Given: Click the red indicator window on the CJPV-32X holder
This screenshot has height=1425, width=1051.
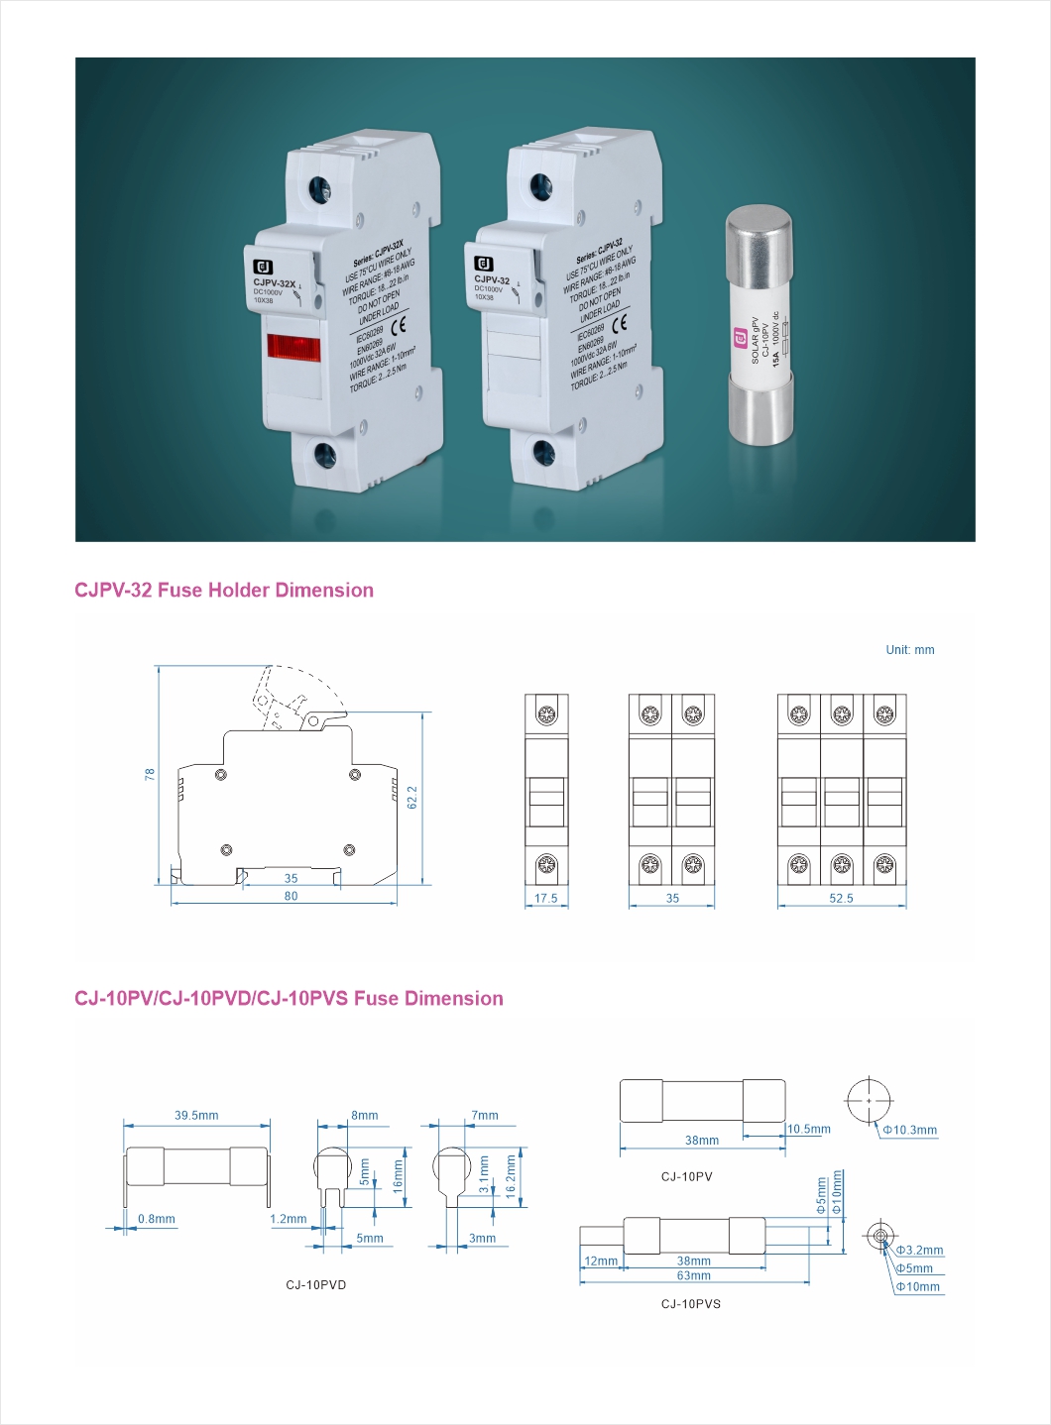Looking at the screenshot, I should point(293,348).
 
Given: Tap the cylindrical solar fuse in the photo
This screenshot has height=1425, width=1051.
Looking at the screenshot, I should point(759,324).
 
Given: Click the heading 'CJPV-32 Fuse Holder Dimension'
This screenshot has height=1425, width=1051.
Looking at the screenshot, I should point(224,591).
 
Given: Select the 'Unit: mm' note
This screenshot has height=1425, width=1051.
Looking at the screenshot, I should point(909,650).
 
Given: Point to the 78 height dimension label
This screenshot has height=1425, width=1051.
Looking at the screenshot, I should point(151,774).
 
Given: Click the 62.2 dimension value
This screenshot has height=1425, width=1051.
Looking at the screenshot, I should point(412,797).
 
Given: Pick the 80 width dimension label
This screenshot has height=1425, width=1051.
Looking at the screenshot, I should point(291,896).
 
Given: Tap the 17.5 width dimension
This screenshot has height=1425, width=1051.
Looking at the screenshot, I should point(546,899).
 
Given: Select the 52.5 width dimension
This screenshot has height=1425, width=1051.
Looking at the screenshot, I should point(841,899).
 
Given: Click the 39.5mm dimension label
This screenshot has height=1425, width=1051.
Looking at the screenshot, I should point(196,1116).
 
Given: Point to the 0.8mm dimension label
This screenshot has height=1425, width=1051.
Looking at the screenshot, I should point(157,1220).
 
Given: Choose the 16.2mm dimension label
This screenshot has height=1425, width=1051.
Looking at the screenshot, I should point(512,1176).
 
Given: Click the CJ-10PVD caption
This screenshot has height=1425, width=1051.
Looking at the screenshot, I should point(316,1285).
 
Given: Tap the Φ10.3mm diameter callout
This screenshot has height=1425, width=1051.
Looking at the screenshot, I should point(910,1131).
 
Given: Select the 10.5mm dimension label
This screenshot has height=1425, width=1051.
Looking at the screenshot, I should point(809,1130).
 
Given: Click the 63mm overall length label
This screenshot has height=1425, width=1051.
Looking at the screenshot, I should point(693,1275).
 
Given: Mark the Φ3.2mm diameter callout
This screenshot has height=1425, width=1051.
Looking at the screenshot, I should point(919,1251).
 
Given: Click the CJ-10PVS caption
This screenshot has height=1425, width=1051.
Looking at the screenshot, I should point(691,1304).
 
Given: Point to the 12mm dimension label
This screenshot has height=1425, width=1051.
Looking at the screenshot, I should point(601,1261).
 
